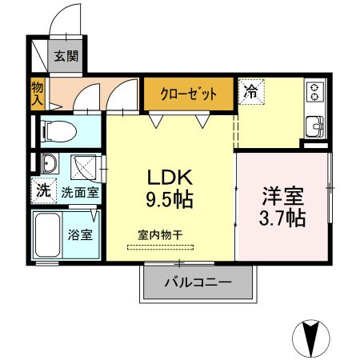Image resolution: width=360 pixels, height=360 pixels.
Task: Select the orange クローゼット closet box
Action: [189, 94]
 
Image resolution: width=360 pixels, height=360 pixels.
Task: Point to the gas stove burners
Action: [314, 94]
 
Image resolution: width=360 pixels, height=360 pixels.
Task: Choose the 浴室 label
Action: [80, 235]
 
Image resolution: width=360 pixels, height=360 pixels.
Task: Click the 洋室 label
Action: [282, 194]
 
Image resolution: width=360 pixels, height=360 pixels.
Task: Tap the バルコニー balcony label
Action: [198, 282]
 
